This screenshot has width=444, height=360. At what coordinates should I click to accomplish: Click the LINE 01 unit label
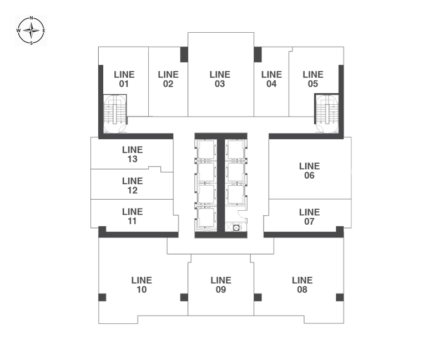click(124, 79)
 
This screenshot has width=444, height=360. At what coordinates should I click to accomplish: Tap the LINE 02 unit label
click(168, 79)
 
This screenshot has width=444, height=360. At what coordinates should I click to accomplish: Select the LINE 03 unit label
click(220, 79)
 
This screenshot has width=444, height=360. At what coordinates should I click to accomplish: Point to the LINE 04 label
click(271, 79)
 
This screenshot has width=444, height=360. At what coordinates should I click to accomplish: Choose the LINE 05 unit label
click(313, 79)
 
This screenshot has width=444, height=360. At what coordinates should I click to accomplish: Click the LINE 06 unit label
click(310, 171)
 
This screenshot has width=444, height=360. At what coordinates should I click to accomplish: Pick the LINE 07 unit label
click(310, 217)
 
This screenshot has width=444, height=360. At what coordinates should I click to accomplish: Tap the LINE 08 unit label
click(302, 285)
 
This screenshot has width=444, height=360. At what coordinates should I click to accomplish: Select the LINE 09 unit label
click(221, 285)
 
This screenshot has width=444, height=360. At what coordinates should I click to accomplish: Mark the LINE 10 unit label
click(142, 285)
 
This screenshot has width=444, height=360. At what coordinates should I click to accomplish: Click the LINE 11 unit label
click(133, 216)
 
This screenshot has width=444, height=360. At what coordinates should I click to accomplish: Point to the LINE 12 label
click(133, 185)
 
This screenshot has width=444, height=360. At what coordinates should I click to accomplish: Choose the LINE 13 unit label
click(133, 154)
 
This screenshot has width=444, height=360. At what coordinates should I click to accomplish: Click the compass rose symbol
click(31, 31)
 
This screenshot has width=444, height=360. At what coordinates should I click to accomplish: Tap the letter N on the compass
click(32, 18)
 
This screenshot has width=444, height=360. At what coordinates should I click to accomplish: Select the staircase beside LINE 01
click(115, 114)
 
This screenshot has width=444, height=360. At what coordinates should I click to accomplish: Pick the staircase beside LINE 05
click(327, 114)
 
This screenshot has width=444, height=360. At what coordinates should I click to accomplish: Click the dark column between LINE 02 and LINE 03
click(184, 54)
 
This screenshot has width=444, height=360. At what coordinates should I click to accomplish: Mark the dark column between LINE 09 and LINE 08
click(258, 297)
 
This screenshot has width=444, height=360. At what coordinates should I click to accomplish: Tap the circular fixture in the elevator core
click(236, 227)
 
